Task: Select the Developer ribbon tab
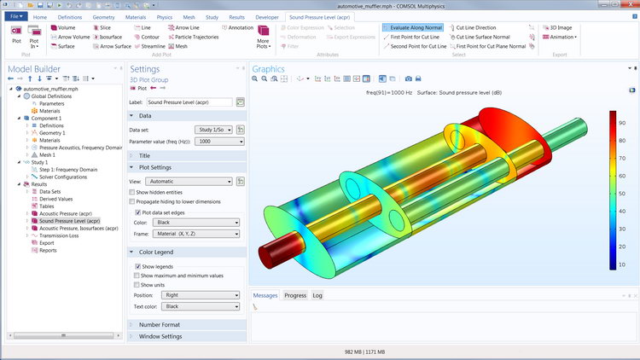point(266,16)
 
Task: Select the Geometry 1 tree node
point(52,133)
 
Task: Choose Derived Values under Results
point(56,198)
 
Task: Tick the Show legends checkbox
point(138,266)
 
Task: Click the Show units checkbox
point(138,285)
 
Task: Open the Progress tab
point(295,295)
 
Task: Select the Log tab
point(317,295)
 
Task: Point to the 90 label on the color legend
point(623,122)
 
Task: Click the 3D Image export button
point(562,27)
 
